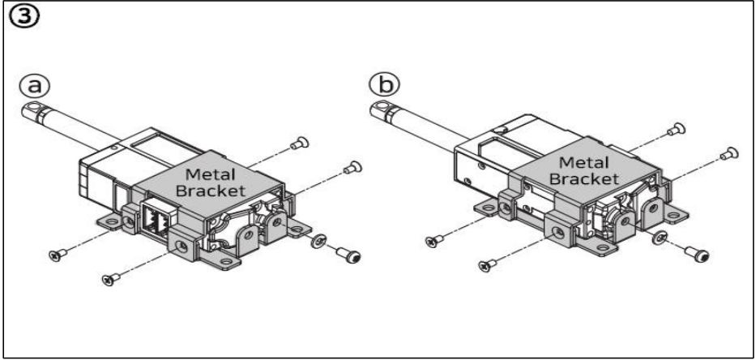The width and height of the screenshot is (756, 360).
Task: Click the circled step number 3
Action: tap(18, 17)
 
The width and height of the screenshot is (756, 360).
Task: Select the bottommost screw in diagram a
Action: tap(107, 280)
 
